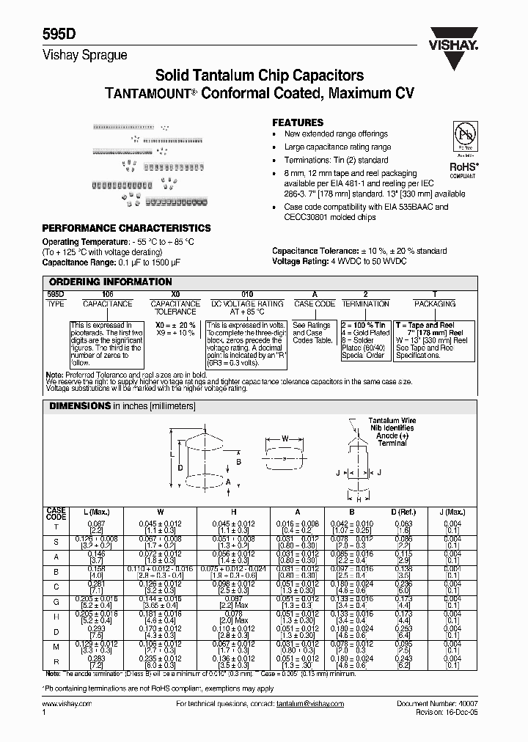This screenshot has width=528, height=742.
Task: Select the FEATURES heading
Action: (298, 122)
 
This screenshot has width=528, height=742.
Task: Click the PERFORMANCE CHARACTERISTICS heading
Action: (127, 228)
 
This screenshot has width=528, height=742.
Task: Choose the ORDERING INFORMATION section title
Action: (110, 282)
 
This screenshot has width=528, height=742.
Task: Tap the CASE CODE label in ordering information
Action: (315, 304)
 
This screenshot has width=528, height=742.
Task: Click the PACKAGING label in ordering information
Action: (435, 304)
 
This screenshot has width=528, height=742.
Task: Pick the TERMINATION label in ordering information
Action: (365, 304)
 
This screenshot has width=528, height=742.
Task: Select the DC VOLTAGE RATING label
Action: (247, 304)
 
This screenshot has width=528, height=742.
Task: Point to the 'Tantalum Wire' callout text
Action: (392, 421)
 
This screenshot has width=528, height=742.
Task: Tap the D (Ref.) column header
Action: (403, 513)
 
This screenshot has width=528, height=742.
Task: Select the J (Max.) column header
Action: (452, 513)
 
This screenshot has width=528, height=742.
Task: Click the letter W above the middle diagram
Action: (285, 439)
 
